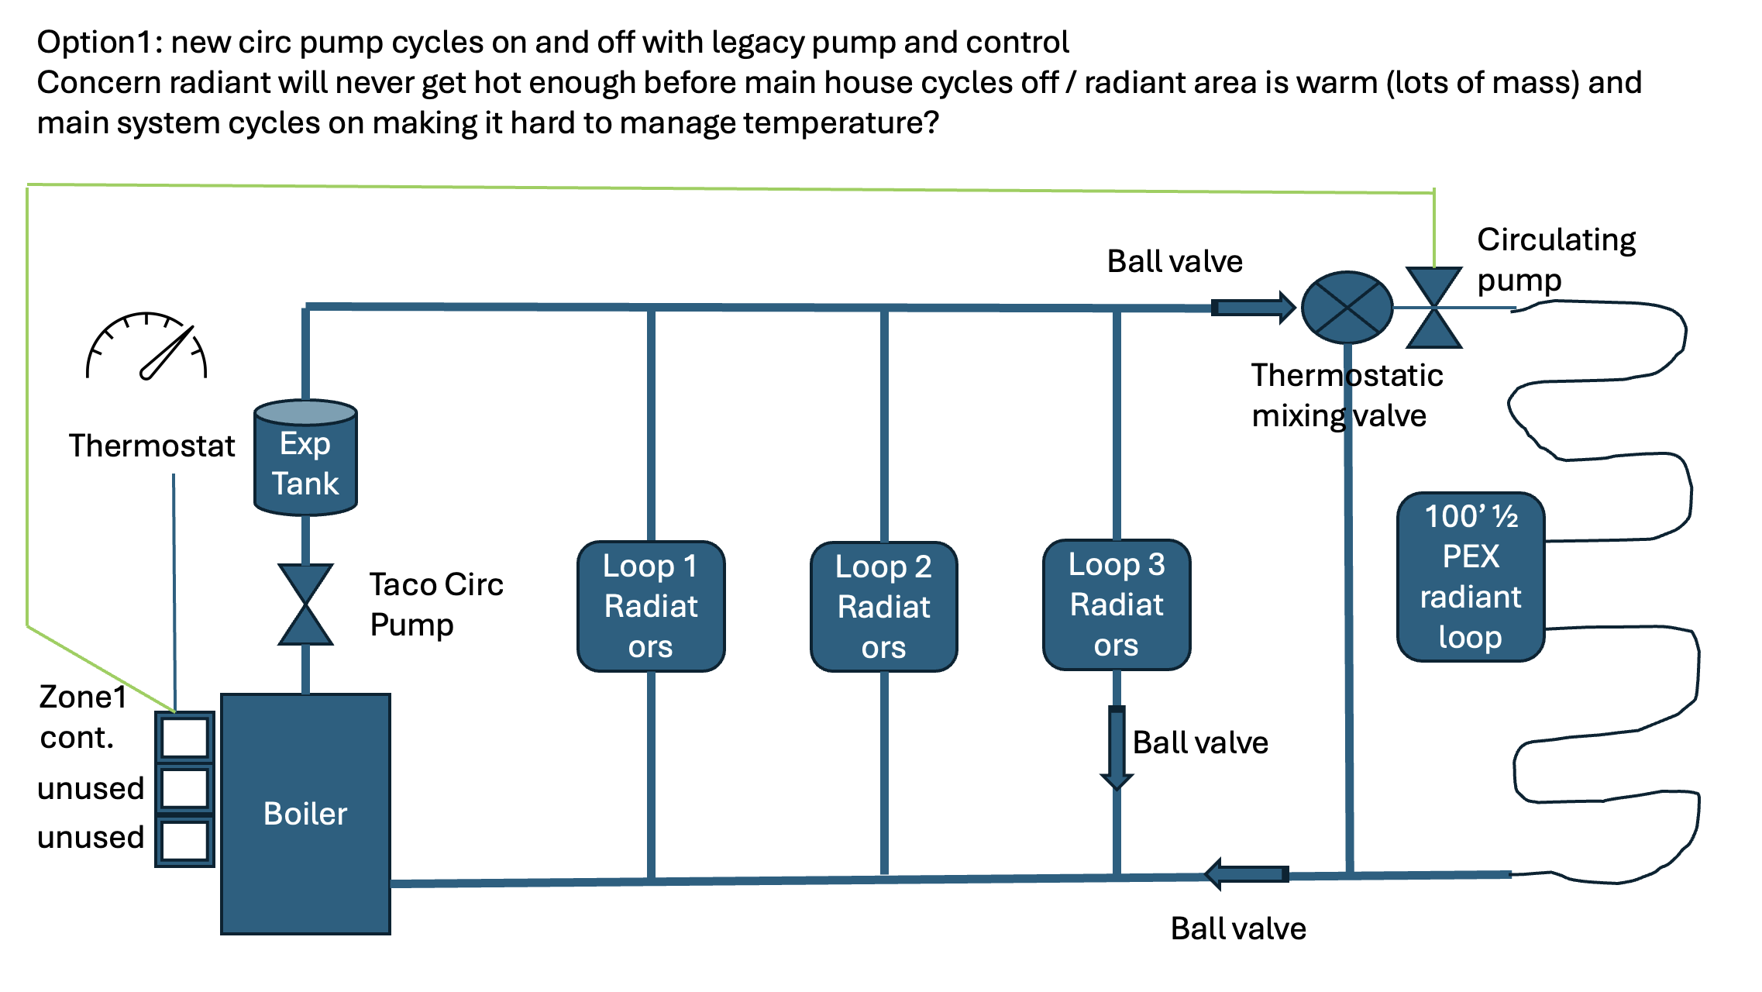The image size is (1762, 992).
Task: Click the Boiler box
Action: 305,814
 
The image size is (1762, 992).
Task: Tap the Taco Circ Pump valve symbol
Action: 305,604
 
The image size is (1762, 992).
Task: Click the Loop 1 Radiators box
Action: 651,606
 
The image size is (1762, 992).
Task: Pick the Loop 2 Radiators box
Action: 883,607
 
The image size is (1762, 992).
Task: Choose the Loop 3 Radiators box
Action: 1117,605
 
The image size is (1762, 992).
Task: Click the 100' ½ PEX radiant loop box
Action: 1471,577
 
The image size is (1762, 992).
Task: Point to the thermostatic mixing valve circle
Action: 1347,308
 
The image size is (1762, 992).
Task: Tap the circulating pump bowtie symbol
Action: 1434,308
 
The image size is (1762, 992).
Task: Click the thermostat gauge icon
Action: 146,346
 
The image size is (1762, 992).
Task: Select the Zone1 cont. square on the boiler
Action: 184,737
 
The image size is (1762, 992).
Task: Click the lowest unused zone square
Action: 184,840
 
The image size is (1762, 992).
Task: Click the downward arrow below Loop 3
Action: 1117,747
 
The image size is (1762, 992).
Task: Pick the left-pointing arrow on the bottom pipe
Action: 1247,874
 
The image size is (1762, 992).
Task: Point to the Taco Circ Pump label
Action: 436,604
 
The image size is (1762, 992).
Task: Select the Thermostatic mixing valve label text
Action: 1347,395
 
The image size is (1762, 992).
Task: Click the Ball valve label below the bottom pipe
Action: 1238,928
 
